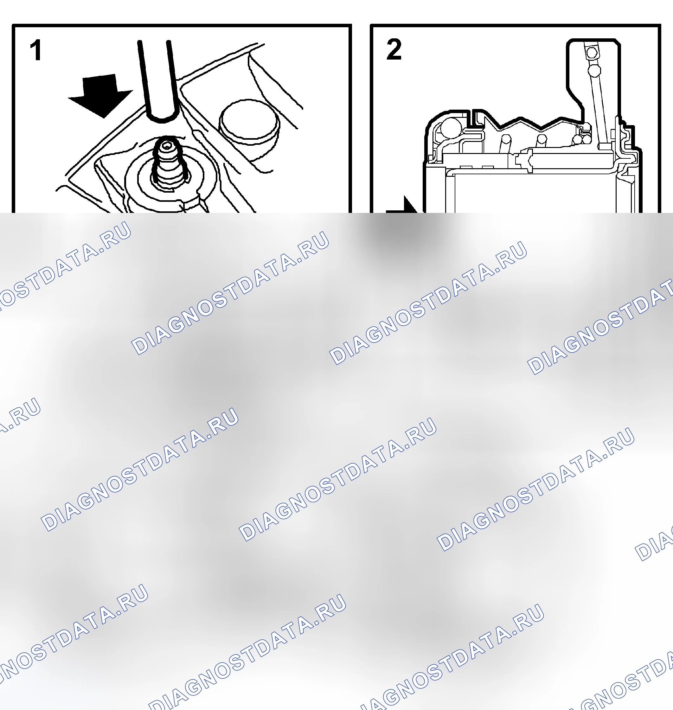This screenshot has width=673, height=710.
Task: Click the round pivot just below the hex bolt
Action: (x=594, y=70)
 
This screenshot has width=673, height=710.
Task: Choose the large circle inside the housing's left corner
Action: (x=451, y=127)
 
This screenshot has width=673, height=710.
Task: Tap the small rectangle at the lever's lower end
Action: (x=605, y=146)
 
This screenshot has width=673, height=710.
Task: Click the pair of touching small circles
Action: (x=582, y=139)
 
